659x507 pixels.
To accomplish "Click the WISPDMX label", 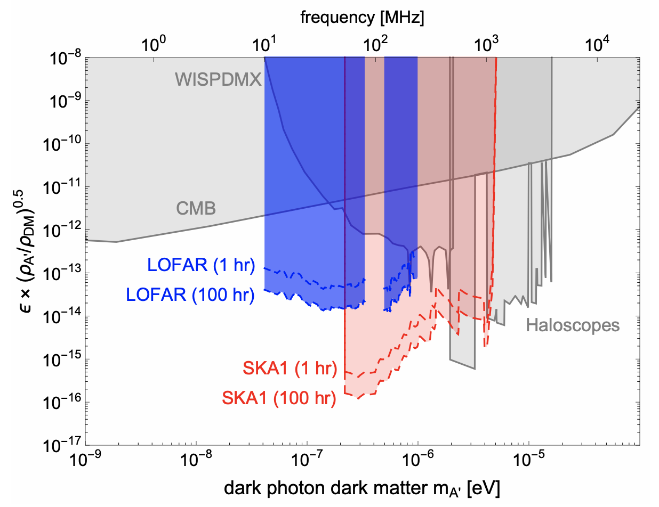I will pyautogui.click(x=218, y=80).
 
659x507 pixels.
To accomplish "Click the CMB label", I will pyautogui.click(x=196, y=208).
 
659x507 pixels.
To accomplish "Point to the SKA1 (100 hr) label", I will pyautogui.click(x=279, y=398).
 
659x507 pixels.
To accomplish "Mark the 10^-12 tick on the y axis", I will pyautogui.click(x=63, y=230).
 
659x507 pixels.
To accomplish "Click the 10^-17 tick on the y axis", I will pyautogui.click(x=63, y=445).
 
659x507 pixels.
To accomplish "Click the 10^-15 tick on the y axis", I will pyautogui.click(x=63, y=359).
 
